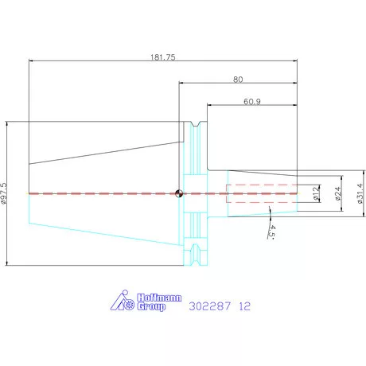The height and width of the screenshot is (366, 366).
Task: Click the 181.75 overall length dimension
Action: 163,57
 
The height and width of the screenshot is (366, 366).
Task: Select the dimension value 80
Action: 238,80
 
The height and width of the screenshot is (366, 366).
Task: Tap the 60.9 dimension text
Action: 252,102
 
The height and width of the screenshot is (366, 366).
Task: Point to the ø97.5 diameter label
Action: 4,193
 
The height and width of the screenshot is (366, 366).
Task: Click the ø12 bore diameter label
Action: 316,193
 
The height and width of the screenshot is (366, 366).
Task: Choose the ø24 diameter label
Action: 337,193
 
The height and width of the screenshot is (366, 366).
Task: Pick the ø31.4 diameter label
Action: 360,193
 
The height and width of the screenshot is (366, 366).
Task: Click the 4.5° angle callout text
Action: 271,232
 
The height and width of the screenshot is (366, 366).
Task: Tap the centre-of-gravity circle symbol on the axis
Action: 179,193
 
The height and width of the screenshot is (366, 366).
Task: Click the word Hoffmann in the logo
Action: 159,298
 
